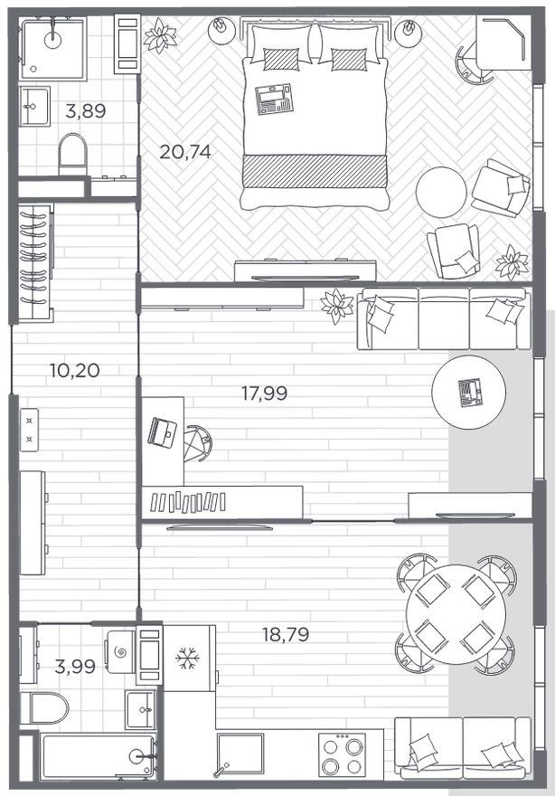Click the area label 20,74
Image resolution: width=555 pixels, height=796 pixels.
(x=185, y=151)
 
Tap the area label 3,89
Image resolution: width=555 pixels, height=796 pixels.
(x=86, y=111)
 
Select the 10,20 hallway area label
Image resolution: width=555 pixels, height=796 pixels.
(x=75, y=370)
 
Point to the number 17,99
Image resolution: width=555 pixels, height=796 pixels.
(x=264, y=393)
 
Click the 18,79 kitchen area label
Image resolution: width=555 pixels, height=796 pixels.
(x=286, y=634)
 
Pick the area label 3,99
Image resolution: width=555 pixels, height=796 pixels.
(x=75, y=667)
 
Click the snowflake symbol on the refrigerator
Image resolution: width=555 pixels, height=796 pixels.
(x=187, y=659)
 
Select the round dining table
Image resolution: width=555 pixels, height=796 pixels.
(x=456, y=614)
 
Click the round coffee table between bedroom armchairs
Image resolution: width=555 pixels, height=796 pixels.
(x=441, y=192)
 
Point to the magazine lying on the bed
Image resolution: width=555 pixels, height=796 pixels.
(x=275, y=99)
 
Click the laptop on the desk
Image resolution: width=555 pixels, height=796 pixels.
(x=163, y=432)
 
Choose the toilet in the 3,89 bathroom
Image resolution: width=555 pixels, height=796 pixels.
(x=73, y=154)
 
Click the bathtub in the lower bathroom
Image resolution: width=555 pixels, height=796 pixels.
(x=98, y=756)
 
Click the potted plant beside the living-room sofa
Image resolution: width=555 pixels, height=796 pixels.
(x=337, y=306)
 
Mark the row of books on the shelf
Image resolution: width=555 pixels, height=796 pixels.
(x=188, y=502)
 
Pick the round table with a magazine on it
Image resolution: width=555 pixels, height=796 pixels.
(x=469, y=392)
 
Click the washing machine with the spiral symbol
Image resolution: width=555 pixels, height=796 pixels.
(x=121, y=652)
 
